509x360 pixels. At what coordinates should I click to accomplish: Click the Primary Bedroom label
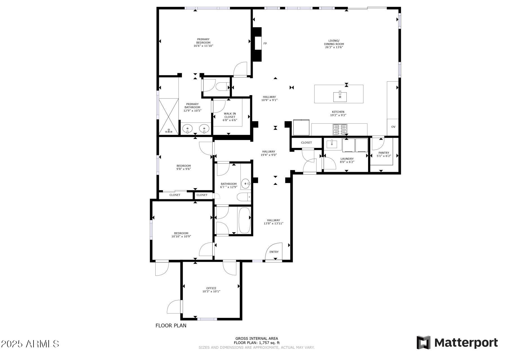(203, 42)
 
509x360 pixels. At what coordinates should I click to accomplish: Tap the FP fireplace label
(265, 44)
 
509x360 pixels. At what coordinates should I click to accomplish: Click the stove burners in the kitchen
(340, 130)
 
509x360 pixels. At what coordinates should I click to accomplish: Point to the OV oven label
(393, 127)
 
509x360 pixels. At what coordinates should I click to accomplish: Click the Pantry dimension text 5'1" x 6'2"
(384, 156)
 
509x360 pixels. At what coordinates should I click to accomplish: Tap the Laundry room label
(347, 159)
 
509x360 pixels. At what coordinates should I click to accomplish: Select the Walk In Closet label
(230, 117)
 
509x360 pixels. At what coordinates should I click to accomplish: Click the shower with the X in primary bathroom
(169, 116)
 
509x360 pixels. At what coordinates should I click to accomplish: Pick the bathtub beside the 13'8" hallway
(244, 220)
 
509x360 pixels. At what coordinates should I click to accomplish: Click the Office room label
(211, 288)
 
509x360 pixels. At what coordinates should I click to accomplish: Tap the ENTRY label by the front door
(274, 252)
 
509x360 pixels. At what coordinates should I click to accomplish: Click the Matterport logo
(457, 343)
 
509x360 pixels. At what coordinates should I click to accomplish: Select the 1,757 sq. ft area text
(257, 343)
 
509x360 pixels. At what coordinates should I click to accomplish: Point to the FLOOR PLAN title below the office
(171, 326)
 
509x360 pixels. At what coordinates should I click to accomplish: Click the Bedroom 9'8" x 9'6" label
(183, 167)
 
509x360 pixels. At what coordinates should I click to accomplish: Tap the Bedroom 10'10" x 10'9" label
(181, 235)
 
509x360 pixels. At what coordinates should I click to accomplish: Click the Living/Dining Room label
(334, 44)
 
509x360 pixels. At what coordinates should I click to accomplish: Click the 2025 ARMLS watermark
(30, 344)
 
